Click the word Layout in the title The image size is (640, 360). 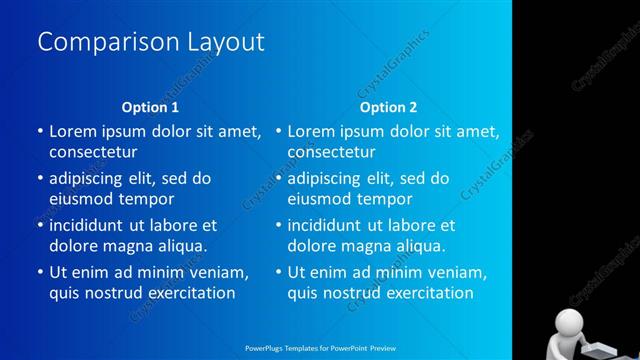coord(225,42)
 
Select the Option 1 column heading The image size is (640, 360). coord(150,107)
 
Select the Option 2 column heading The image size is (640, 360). coord(389,107)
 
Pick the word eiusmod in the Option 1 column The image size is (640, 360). coord(81,199)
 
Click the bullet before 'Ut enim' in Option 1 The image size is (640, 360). coord(40,272)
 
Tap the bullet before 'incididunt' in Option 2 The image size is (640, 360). coord(279,225)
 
